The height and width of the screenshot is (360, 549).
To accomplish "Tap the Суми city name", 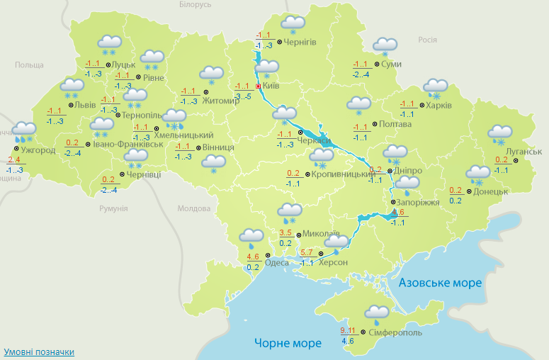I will [391, 64].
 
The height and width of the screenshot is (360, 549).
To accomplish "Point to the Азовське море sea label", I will [440, 283].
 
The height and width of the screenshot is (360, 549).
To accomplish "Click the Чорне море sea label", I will [288, 343].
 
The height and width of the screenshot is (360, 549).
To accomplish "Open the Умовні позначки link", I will [39, 352].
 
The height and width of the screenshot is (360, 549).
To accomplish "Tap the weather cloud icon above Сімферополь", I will [376, 313].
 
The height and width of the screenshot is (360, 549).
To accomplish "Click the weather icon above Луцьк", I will [109, 45].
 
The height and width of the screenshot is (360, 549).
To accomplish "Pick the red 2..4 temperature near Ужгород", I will [14, 159].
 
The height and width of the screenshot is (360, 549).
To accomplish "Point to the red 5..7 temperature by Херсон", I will [307, 252].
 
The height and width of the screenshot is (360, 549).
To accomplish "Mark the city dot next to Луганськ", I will [515, 161].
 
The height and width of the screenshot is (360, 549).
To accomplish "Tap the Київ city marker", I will [258, 86].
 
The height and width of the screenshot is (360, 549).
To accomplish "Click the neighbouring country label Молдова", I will [194, 209].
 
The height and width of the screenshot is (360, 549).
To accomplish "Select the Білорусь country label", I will [196, 5].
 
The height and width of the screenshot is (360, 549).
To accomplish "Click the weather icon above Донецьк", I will [477, 173].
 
